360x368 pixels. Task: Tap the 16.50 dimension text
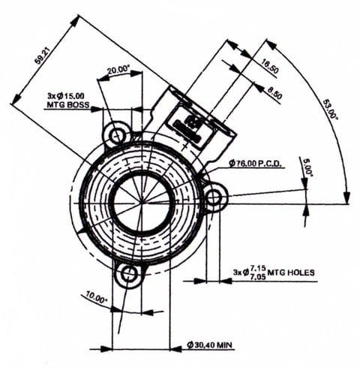click(x=268, y=66)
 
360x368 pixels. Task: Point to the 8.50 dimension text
click(x=274, y=92)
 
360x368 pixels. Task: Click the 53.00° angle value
click(x=329, y=110)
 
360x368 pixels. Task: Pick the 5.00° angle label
click(x=307, y=167)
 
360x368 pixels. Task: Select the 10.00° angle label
click(x=97, y=297)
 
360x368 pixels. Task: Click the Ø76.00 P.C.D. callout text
click(x=256, y=164)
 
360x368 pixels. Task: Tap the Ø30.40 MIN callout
click(x=209, y=345)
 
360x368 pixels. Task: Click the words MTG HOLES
click(x=291, y=272)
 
